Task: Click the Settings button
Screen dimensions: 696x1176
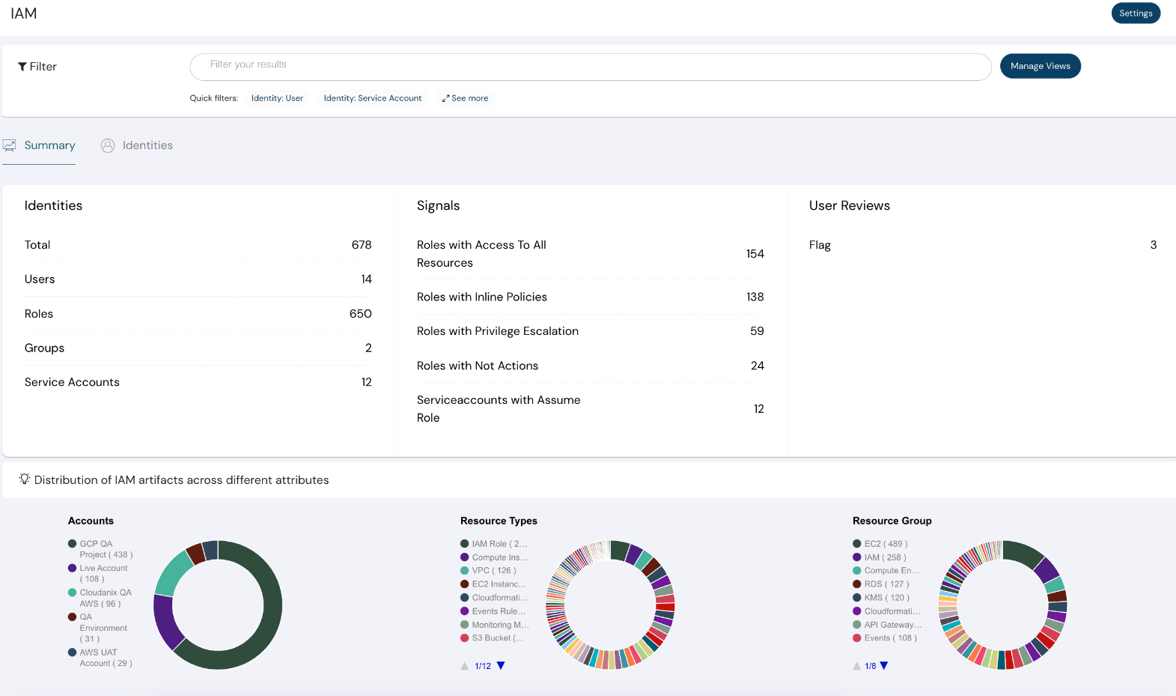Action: tap(1135, 13)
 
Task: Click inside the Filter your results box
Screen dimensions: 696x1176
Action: tap(590, 66)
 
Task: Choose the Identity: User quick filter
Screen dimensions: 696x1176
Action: tap(277, 98)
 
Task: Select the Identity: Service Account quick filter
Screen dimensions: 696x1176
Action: tap(372, 98)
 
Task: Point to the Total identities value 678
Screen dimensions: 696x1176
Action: tap(361, 245)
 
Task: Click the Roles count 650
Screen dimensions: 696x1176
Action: tap(360, 314)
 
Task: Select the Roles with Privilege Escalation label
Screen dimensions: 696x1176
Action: tap(497, 331)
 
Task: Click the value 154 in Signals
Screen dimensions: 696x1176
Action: tap(755, 254)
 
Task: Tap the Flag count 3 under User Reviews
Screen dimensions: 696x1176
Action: tap(1153, 245)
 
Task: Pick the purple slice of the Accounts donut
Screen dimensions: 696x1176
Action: tap(168, 622)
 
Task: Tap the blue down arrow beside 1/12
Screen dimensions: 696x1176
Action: tap(501, 665)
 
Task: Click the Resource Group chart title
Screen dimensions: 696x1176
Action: tap(892, 521)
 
